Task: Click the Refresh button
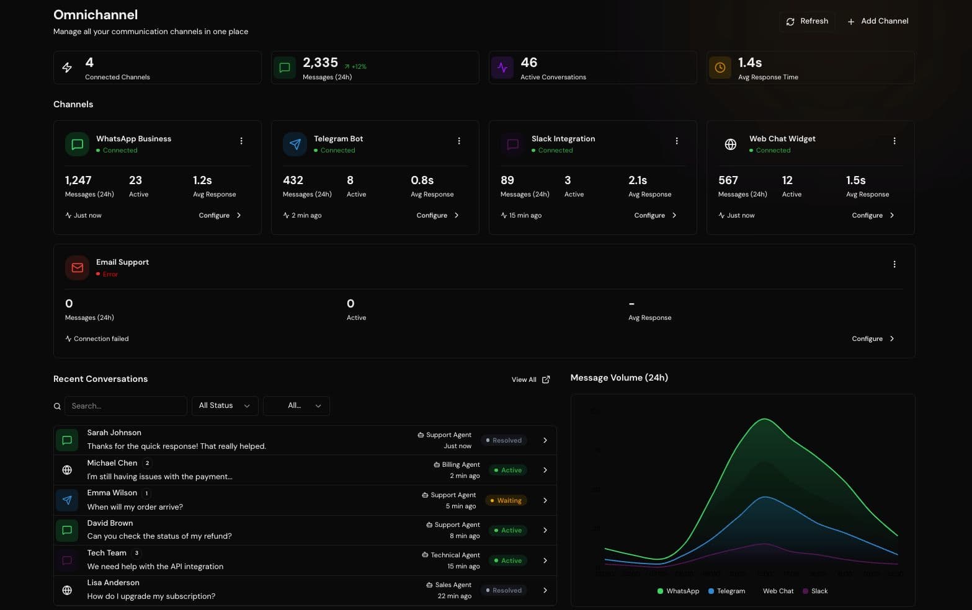tap(807, 21)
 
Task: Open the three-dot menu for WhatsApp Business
tap(241, 141)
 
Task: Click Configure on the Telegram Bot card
tap(437, 216)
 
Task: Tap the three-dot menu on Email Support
tap(894, 265)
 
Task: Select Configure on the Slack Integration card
tap(655, 216)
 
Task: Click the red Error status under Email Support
tap(110, 274)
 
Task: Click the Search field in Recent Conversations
tap(125, 406)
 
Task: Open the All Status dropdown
tap(225, 406)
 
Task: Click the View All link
tap(530, 379)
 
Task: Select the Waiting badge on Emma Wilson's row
tap(506, 500)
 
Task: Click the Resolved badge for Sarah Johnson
tap(504, 440)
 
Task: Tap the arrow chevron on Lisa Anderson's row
tap(545, 590)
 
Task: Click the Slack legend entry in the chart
tap(815, 591)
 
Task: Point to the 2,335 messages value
tap(320, 63)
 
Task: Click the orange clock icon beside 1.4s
tap(720, 68)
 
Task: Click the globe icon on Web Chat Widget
tap(730, 144)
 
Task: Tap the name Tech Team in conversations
tap(107, 553)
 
